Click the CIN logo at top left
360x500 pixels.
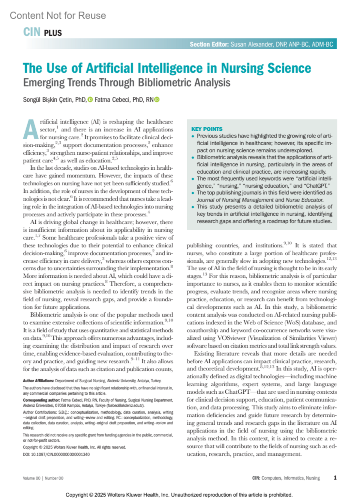point(31,32)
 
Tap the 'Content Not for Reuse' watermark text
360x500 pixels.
point(58,16)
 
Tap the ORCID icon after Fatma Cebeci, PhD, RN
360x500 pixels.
point(157,100)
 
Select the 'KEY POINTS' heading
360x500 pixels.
point(207,129)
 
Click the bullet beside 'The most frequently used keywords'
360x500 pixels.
point(193,179)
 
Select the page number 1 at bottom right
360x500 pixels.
point(335,478)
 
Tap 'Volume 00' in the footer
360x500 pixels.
point(31,478)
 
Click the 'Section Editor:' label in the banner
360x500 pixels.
point(209,44)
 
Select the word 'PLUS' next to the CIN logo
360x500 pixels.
point(53,33)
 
